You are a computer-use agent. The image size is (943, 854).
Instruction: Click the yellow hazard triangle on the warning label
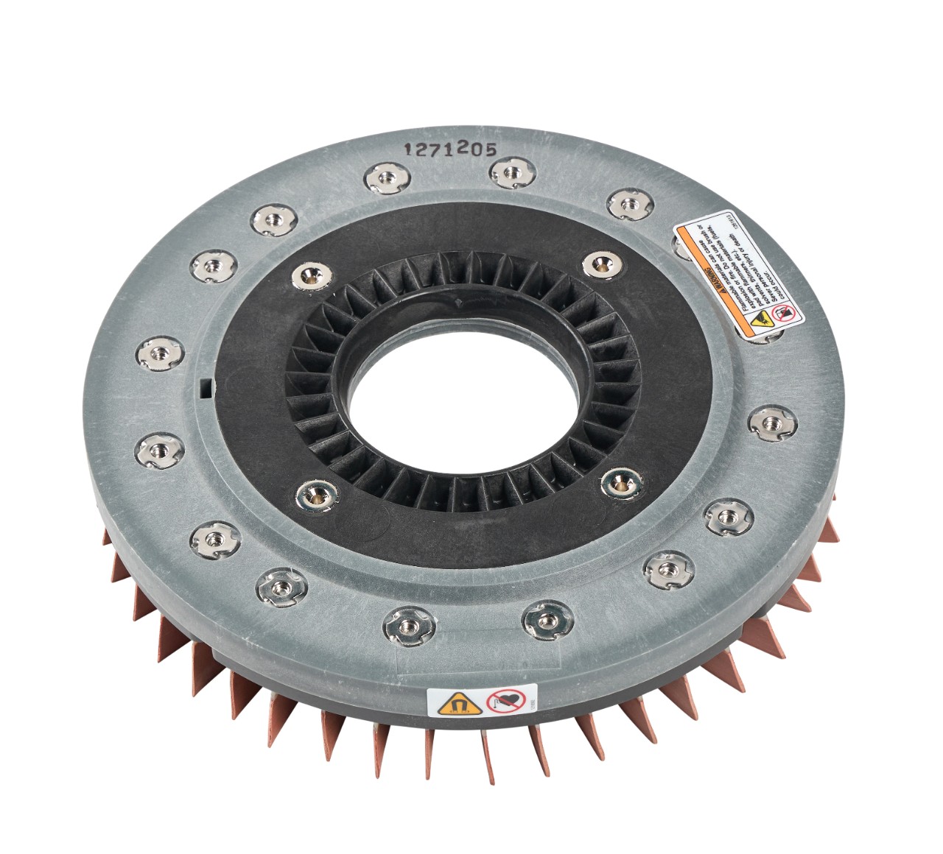(x=761, y=319)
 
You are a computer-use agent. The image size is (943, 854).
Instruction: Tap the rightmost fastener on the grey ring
(x=768, y=423)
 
